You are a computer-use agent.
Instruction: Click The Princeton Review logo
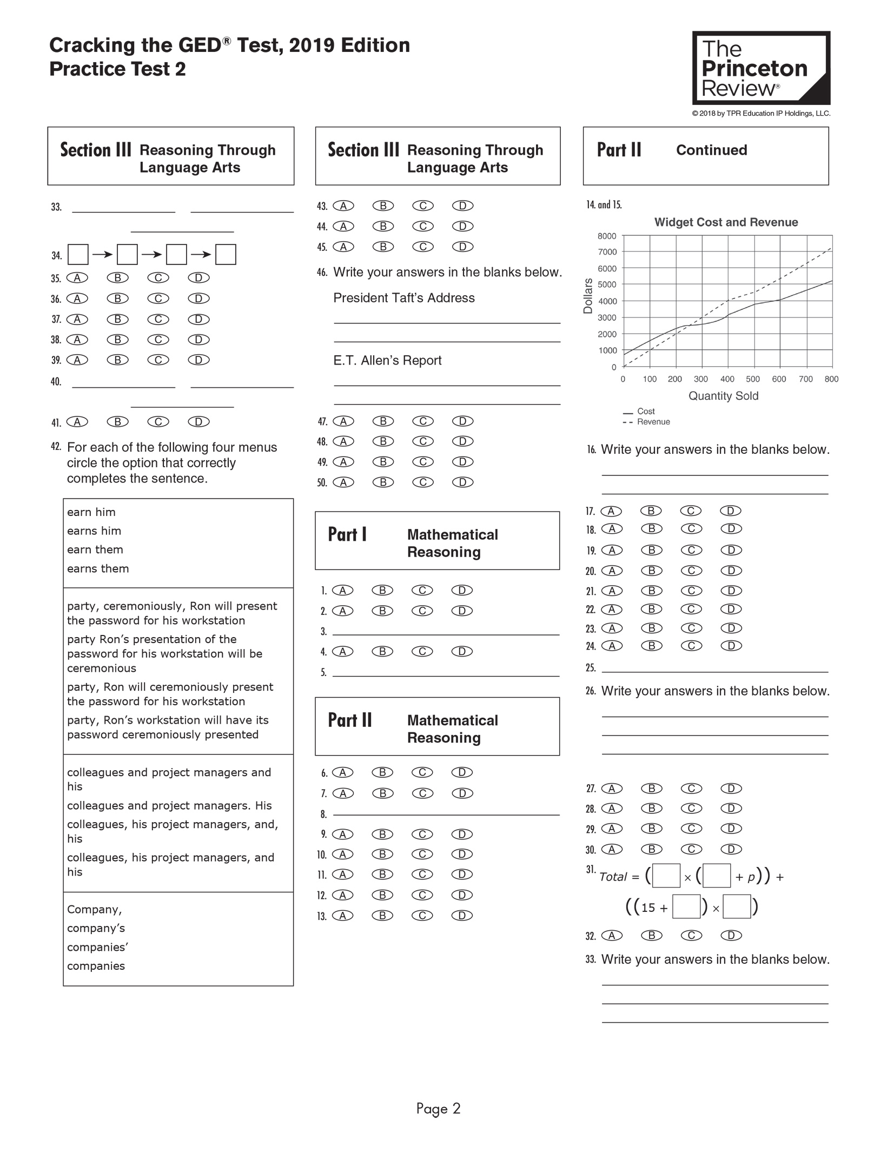pos(760,68)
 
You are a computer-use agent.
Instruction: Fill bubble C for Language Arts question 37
pos(158,319)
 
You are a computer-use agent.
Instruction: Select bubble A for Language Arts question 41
pos(77,422)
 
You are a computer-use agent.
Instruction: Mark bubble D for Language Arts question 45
pos(462,247)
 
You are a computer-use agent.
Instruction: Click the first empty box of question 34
pos(78,254)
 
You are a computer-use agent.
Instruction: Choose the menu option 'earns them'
pos(98,568)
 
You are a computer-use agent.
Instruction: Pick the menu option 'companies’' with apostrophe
pos(95,947)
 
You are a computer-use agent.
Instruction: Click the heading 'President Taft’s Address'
pos(403,298)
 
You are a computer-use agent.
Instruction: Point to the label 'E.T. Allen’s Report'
pos(387,360)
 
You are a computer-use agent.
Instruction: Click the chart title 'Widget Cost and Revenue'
pos(726,222)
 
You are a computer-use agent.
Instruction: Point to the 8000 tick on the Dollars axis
pos(607,236)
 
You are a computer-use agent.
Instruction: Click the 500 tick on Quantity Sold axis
pos(753,379)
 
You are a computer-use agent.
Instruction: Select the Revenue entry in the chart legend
pos(653,422)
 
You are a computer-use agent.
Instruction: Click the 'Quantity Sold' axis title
pos(723,396)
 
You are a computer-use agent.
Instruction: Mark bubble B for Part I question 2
pos(382,611)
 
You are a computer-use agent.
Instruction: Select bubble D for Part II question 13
pos(462,916)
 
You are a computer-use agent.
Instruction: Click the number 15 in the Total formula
pos(648,908)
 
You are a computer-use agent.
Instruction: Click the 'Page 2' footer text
pos(438,1109)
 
